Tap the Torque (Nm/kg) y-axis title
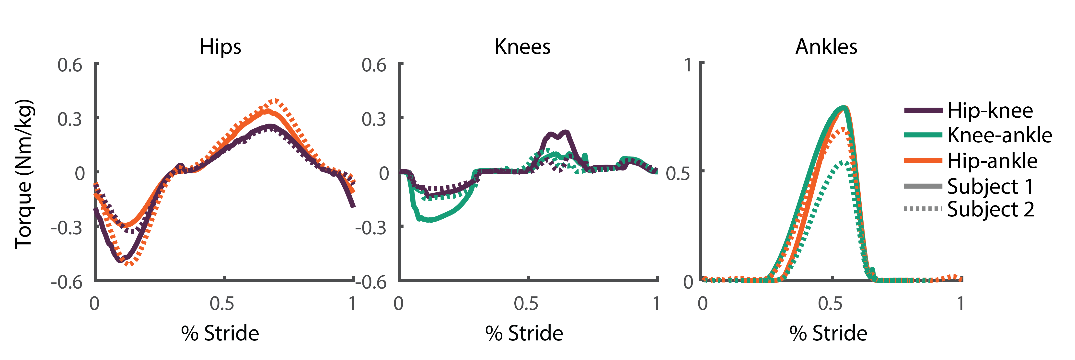[24, 174]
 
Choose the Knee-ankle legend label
[999, 135]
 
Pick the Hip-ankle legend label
[992, 161]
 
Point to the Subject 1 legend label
[990, 186]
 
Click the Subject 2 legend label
[990, 209]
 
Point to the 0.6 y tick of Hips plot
[70, 66]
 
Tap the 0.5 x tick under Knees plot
[526, 304]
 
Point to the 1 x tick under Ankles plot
[960, 304]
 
